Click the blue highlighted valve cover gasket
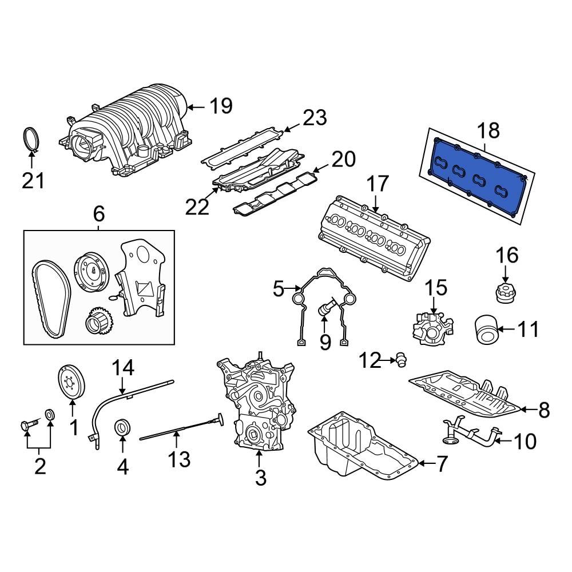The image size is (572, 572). [x=478, y=178]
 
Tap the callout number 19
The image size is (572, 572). [x=220, y=106]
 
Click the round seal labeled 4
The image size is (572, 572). [x=123, y=427]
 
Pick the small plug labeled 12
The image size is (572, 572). [x=400, y=360]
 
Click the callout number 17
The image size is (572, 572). [x=378, y=185]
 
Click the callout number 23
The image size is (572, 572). [x=315, y=118]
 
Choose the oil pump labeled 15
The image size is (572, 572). [x=432, y=329]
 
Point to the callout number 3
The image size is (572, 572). [x=260, y=477]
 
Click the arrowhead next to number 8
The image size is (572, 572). [x=525, y=409]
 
